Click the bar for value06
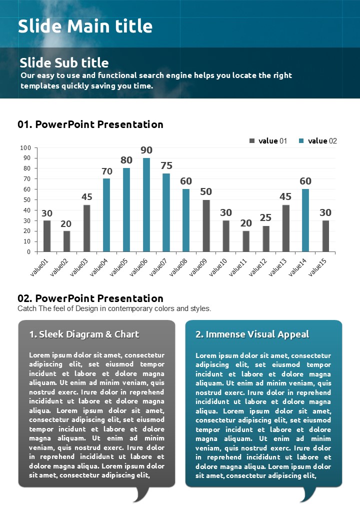(146, 205)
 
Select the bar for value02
(67, 241)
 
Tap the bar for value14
(305, 220)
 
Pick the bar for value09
(206, 225)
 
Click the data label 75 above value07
(166, 166)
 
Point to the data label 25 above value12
(265, 218)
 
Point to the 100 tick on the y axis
(25, 148)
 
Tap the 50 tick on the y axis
(27, 200)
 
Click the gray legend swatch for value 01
(252, 141)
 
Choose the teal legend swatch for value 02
(301, 141)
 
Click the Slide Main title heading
(85, 26)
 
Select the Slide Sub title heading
(64, 62)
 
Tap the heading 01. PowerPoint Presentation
(90, 124)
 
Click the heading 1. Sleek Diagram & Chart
(84, 334)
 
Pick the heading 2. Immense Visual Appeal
(252, 334)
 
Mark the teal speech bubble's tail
(307, 494)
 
